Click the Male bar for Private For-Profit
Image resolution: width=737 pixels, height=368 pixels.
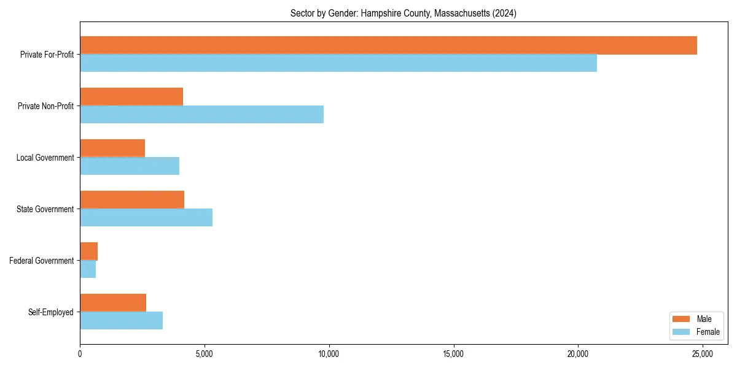point(388,45)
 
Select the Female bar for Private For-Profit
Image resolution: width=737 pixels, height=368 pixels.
point(338,63)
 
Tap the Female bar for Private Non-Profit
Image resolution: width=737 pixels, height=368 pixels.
point(201,115)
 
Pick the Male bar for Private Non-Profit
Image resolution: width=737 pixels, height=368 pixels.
point(131,97)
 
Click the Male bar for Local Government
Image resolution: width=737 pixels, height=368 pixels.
point(112,148)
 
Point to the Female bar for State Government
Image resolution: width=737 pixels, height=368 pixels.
point(146,218)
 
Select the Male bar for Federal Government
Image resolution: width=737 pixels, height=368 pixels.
point(89,251)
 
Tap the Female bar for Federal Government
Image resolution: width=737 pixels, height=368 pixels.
point(88,269)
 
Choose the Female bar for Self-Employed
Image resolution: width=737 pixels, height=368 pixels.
point(121,321)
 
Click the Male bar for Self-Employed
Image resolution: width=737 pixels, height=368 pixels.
point(113,303)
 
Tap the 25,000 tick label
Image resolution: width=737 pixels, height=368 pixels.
point(703,354)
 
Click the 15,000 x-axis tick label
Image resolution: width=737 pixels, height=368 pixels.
point(454,354)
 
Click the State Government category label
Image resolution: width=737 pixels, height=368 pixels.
point(45,209)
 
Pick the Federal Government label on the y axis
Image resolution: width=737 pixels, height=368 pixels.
point(41,261)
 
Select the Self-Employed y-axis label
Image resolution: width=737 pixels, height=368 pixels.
point(50,312)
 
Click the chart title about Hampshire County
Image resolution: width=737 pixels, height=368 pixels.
point(404,13)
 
